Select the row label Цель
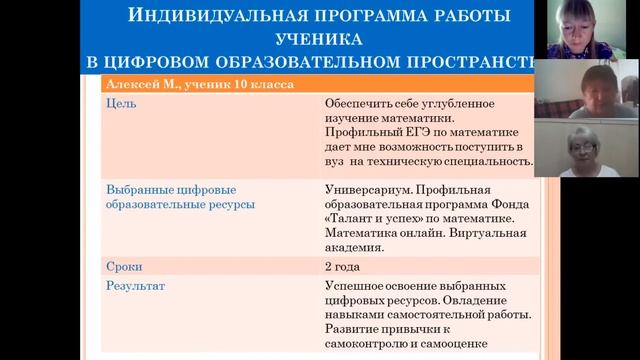click(120, 103)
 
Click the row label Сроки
click(124, 267)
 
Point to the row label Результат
click(135, 286)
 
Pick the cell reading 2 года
click(342, 267)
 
